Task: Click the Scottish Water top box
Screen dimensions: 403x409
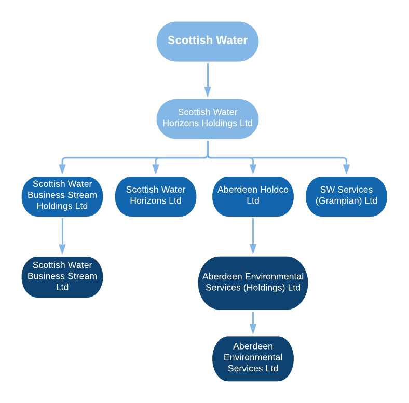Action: point(208,41)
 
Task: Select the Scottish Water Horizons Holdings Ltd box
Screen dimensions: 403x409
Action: point(208,118)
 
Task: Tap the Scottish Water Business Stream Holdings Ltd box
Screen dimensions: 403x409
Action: point(62,195)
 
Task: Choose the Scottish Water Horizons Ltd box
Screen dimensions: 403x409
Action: point(155,195)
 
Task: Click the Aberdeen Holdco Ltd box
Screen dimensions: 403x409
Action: point(253,195)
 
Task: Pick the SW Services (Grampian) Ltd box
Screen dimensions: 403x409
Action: point(346,195)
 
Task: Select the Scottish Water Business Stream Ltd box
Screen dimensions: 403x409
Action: point(62,276)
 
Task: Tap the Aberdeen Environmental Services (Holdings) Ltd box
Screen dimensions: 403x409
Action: point(253,282)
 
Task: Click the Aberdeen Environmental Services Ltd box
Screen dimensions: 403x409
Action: point(253,358)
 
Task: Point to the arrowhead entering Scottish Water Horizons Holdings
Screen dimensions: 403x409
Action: point(208,92)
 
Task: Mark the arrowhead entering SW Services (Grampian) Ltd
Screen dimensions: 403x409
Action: point(346,169)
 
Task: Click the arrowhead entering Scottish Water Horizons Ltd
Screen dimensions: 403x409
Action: point(155,169)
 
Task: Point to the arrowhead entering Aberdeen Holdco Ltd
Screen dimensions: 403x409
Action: point(253,169)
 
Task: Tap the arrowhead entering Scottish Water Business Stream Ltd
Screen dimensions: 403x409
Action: point(62,249)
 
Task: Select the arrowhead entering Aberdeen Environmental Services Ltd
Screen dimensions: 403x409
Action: point(253,329)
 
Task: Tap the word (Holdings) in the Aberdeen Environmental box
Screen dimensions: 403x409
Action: point(264,288)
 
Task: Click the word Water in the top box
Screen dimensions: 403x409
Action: point(228,41)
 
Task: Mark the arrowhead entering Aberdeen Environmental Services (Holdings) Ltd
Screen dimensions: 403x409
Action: point(253,249)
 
